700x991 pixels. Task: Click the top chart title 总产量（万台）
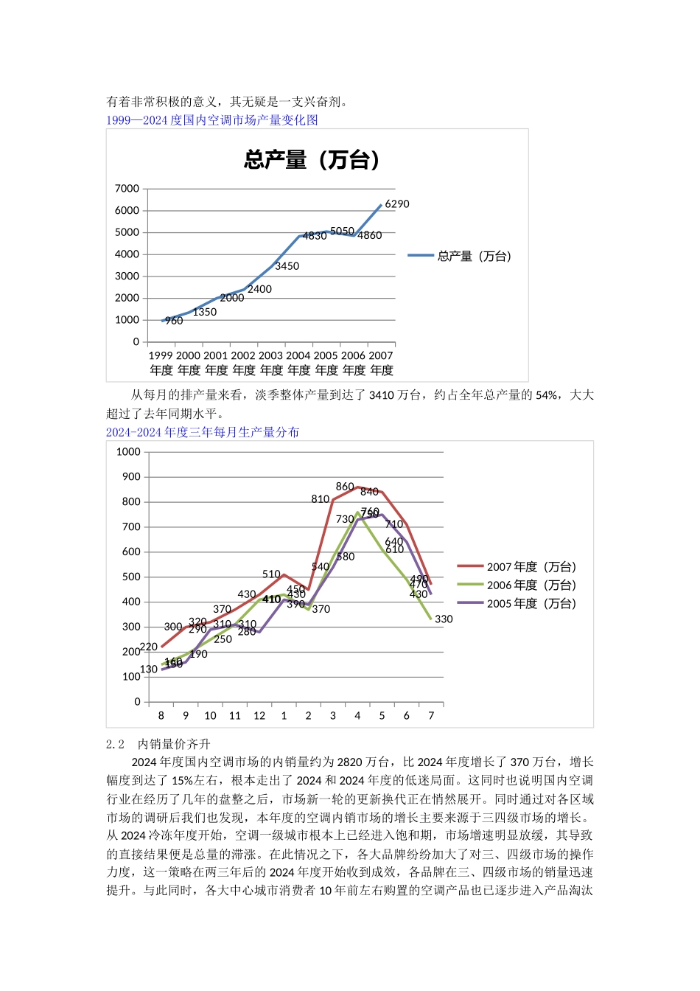tap(312, 159)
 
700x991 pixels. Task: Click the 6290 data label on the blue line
tap(397, 204)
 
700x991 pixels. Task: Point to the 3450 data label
tap(287, 266)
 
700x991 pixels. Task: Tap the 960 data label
tap(174, 321)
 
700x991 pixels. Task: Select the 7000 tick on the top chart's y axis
tap(127, 189)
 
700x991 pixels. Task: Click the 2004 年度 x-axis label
tap(298, 363)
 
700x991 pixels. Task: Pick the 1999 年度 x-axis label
tap(161, 363)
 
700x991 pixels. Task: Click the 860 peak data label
tap(345, 487)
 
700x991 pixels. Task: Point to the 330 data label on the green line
tap(444, 619)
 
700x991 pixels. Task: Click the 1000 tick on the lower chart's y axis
tap(128, 452)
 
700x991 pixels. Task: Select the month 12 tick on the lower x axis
tap(259, 715)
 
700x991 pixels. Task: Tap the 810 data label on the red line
tap(320, 499)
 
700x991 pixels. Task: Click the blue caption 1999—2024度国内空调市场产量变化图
tap(212, 120)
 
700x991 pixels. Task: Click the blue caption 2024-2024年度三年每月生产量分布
tap(203, 432)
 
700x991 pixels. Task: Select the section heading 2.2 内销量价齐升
tap(158, 745)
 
